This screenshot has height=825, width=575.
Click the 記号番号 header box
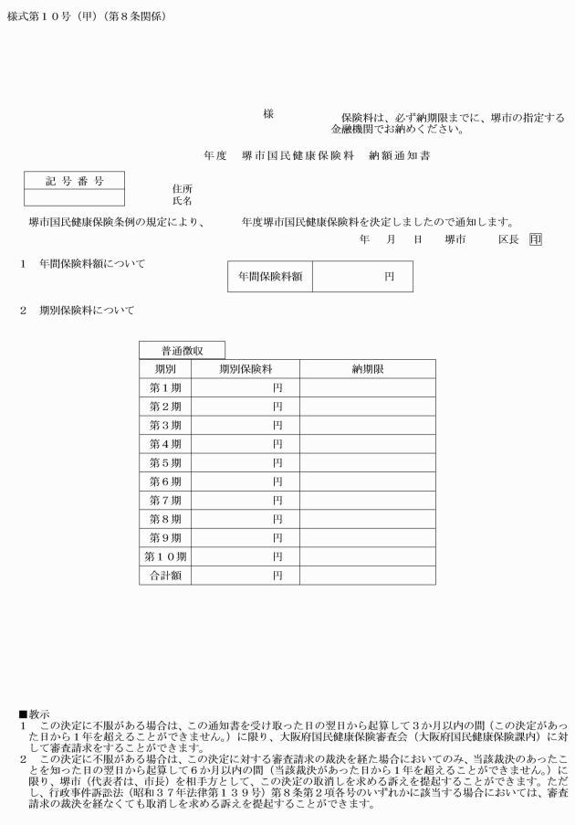tap(75, 181)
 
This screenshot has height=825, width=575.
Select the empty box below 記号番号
tap(75, 196)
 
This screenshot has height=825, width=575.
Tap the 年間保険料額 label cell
tap(270, 276)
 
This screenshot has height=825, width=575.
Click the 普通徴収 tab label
tap(182, 350)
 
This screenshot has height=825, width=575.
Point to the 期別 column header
tap(165, 369)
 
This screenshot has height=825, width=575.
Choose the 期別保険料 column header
tap(246, 369)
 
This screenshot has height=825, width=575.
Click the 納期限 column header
tap(368, 369)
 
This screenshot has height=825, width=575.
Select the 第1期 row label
tap(165, 387)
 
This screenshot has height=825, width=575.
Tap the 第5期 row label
tap(165, 462)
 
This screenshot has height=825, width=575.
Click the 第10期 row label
tap(165, 556)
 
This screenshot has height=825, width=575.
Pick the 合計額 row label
tap(165, 576)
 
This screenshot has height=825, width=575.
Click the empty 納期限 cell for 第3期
tap(368, 425)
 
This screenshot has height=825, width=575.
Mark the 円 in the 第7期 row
tap(277, 501)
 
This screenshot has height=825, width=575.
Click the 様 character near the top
tap(268, 114)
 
